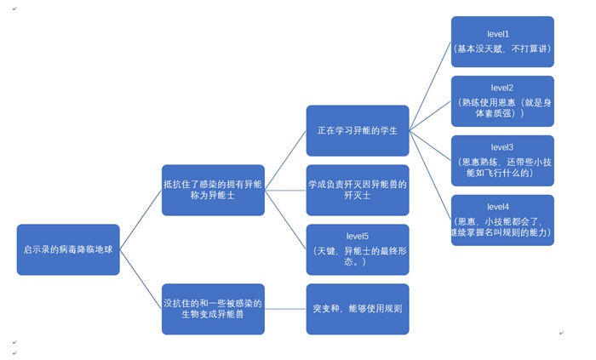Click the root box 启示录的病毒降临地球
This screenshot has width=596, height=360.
[68, 249]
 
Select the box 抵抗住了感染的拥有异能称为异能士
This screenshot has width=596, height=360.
[213, 190]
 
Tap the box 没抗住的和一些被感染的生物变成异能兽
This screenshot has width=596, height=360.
[213, 309]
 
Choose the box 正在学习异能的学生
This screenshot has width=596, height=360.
[358, 130]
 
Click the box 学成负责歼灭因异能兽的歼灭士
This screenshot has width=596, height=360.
[358, 190]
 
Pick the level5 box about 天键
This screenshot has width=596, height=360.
[358, 249]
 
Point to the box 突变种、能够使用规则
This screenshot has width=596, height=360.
[358, 309]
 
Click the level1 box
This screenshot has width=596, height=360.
[502, 42]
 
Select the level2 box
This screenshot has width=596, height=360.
[502, 101]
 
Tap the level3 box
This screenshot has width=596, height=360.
[502, 161]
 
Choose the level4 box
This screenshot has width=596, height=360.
[502, 220]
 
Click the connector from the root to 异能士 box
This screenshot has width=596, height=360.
[140, 220]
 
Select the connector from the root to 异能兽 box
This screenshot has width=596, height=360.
[140, 279]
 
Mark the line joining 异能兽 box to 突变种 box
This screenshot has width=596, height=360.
[285, 309]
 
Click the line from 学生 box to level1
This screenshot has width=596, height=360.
[430, 86]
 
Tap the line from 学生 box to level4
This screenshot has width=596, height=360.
[430, 175]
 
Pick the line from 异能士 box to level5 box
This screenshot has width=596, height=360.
[285, 220]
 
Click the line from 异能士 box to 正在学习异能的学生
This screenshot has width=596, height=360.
[285, 160]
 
